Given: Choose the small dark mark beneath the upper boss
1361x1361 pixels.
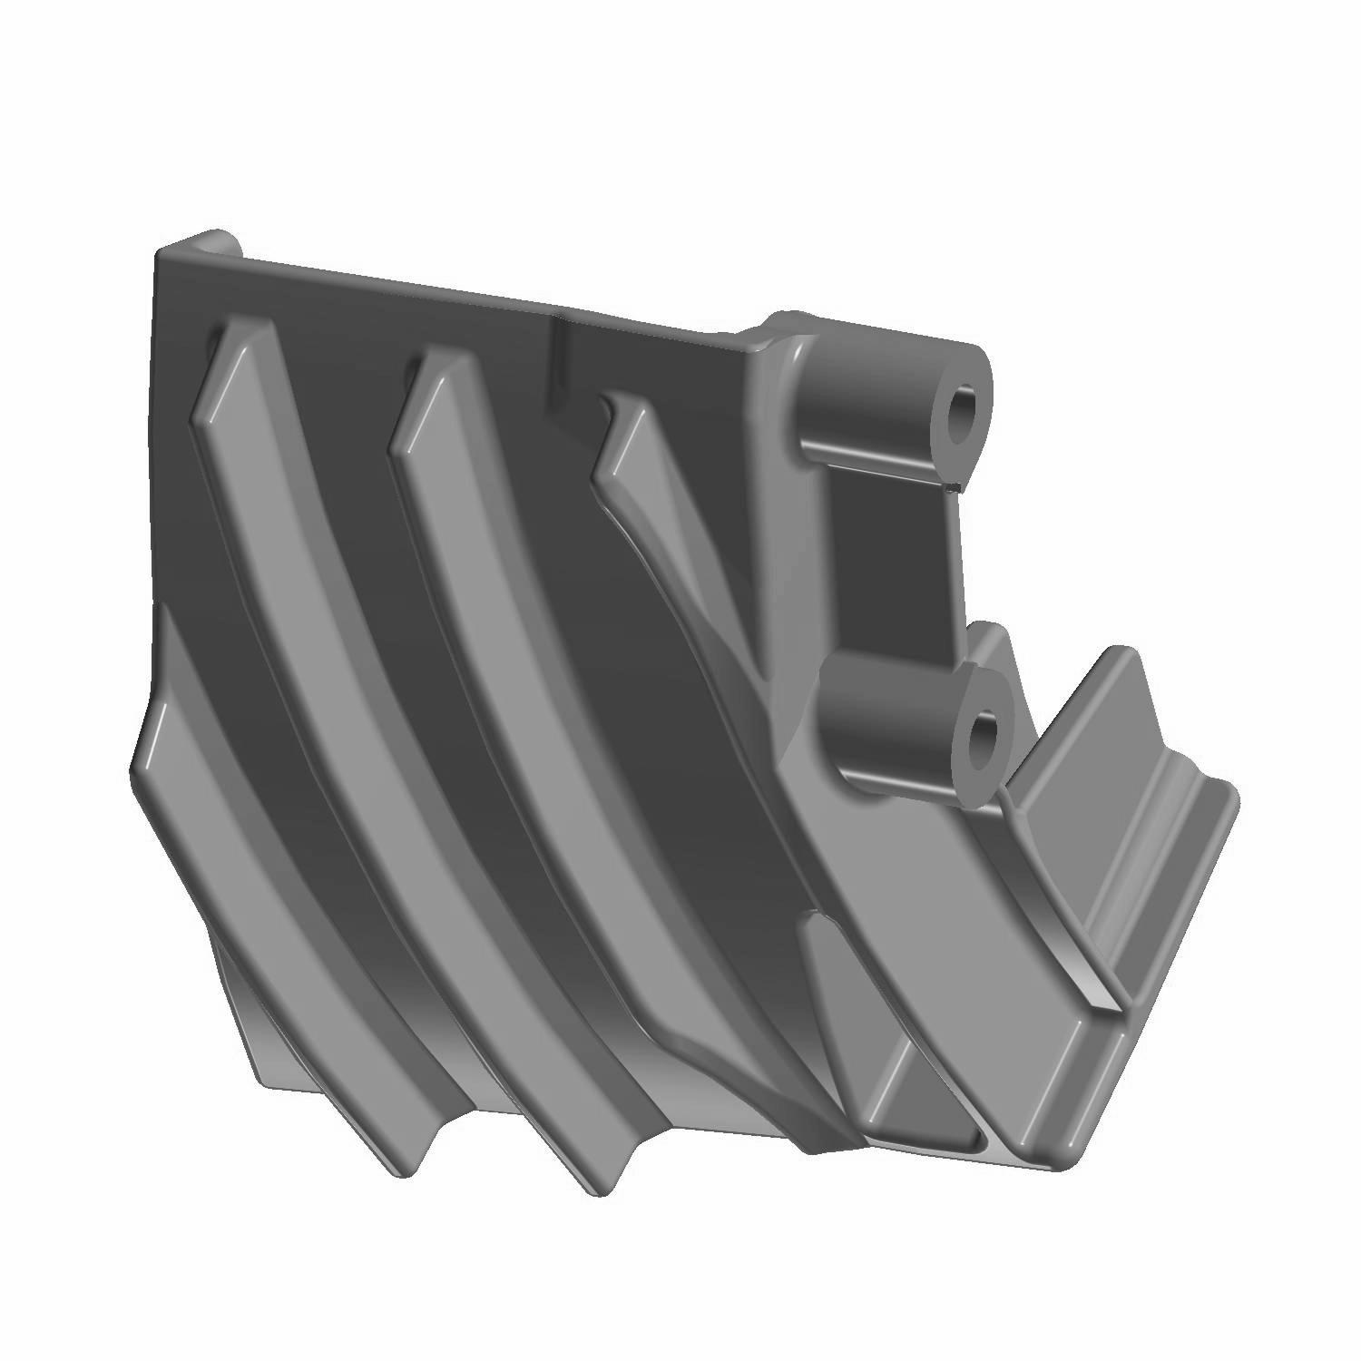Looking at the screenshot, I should [951, 487].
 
